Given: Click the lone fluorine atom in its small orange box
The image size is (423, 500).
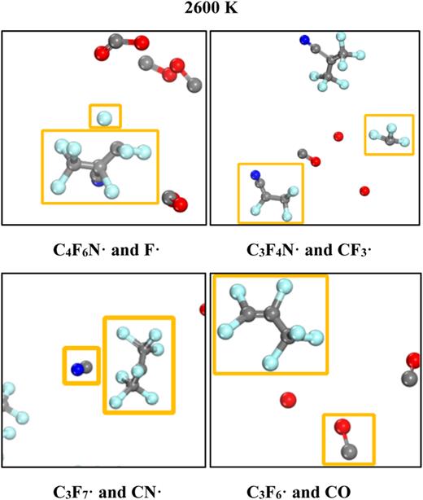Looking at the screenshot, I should (x=103, y=119).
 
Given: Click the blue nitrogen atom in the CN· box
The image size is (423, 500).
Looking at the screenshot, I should (x=77, y=368).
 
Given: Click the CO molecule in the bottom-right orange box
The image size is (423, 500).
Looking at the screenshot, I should (x=347, y=439).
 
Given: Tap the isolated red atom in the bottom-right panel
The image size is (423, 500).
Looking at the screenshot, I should (x=287, y=400).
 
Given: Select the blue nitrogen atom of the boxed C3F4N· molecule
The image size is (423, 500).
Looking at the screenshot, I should (x=255, y=174).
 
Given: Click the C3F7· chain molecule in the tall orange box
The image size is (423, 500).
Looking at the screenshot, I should (x=138, y=364).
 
